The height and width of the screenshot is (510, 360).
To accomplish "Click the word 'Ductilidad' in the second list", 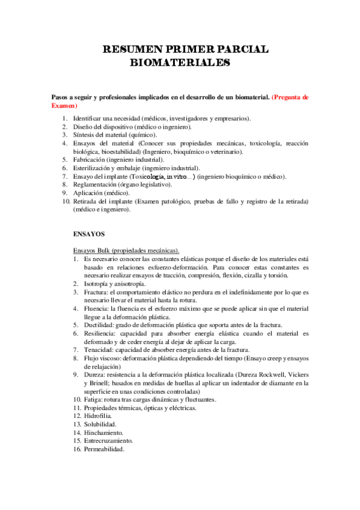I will pyautogui.click(x=88, y=324).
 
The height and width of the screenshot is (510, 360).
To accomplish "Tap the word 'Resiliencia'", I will pyautogui.click(x=89, y=333).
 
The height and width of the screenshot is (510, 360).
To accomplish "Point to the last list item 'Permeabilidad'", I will pyautogui.click(x=94, y=449).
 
